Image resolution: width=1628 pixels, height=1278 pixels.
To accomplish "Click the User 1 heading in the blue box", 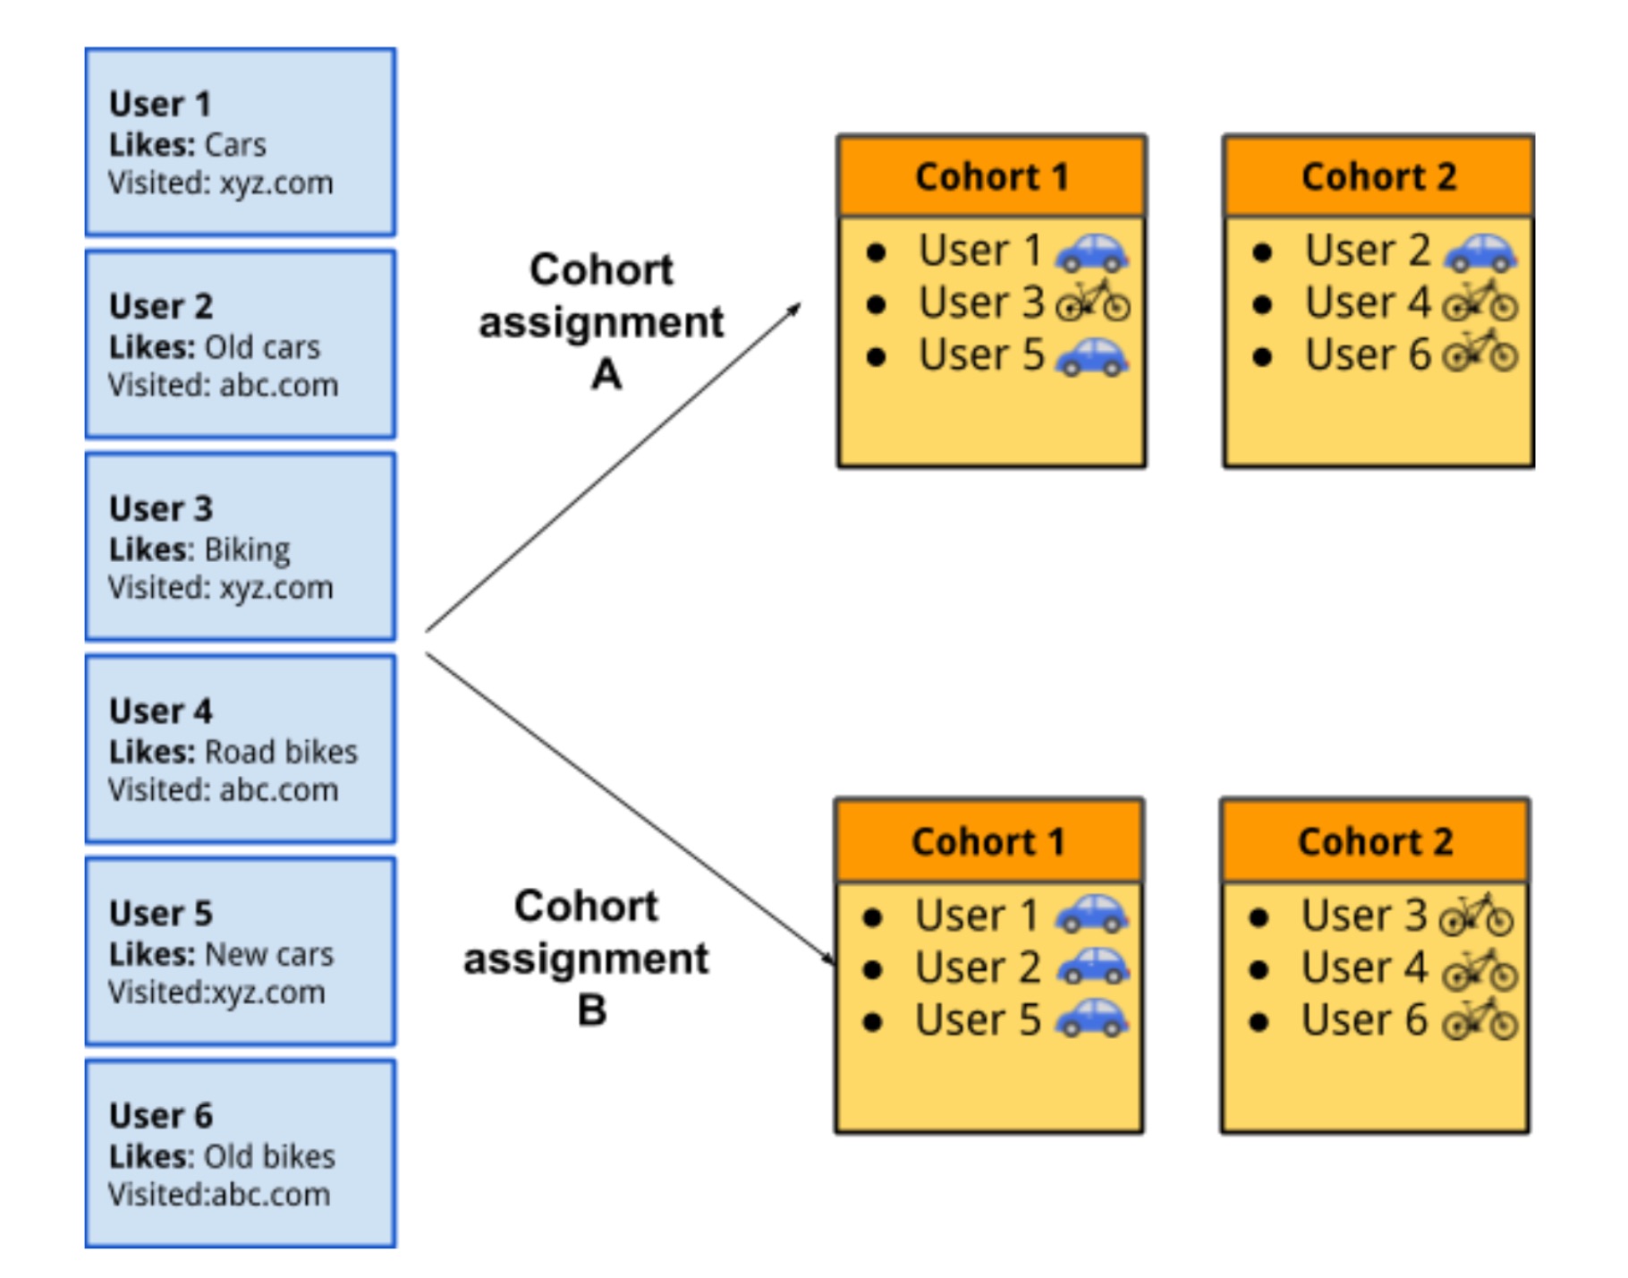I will coord(160,104).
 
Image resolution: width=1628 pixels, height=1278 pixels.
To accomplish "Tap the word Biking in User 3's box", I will coord(247,550).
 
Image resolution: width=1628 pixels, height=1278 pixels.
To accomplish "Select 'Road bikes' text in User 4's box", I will coord(281,752).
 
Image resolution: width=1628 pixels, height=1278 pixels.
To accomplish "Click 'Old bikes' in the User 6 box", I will coord(269,1156).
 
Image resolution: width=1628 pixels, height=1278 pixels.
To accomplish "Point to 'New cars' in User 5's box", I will coord(269,954).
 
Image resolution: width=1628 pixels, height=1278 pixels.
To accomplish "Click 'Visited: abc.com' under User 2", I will coord(224,385).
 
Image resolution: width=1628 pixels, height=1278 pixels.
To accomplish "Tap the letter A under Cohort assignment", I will coord(606,374).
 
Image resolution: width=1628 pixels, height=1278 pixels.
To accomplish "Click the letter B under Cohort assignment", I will coord(591,1010).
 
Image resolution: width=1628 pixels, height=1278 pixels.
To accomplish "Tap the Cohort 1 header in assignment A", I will coord(991,176).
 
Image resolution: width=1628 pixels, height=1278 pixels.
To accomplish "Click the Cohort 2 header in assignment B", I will coord(1375,841).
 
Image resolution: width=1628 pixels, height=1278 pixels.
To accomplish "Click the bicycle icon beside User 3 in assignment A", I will coord(1093,302).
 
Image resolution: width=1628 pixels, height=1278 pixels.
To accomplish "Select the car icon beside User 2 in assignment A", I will coord(1480,251).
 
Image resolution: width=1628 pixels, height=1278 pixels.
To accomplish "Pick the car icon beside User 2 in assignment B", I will coord(1093,967).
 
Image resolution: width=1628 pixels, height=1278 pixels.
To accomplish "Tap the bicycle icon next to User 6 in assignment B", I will coord(1480,1020).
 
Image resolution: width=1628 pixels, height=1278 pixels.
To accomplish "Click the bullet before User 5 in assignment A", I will coord(877,358).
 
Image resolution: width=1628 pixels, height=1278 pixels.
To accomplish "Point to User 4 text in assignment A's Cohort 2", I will coord(1367,302).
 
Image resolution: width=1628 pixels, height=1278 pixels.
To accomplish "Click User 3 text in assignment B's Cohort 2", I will coord(1363,916).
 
